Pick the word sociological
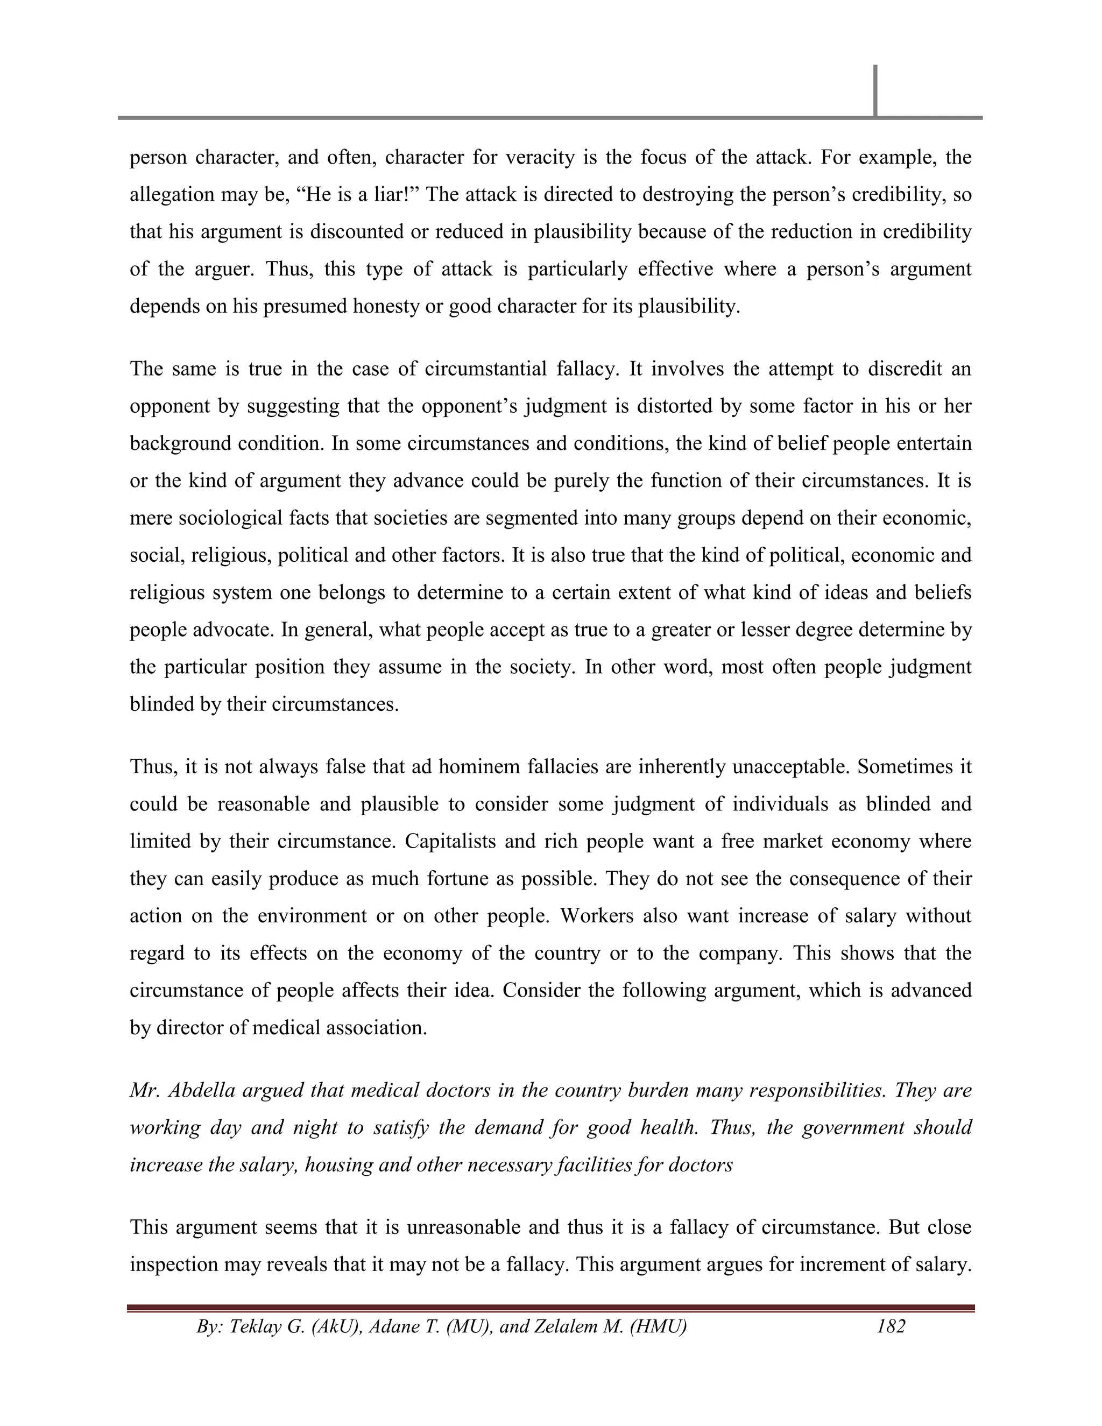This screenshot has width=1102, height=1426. coord(232,518)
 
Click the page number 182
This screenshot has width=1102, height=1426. coord(891,1326)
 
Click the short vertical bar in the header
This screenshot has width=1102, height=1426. coord(875,90)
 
